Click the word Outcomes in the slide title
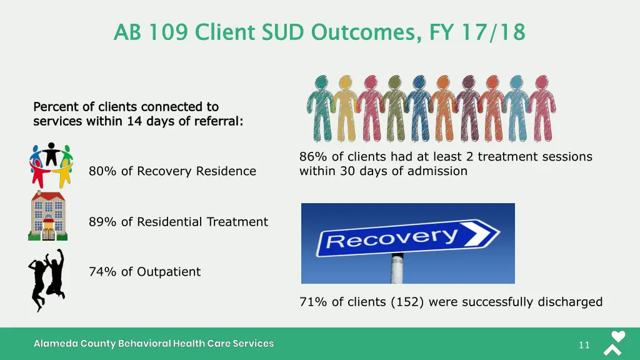(x=366, y=31)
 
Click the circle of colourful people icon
(x=51, y=166)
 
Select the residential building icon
(x=47, y=216)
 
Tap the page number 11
(x=584, y=345)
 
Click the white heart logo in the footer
(x=617, y=336)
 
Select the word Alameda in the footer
(x=54, y=344)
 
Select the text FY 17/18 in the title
(x=477, y=31)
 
